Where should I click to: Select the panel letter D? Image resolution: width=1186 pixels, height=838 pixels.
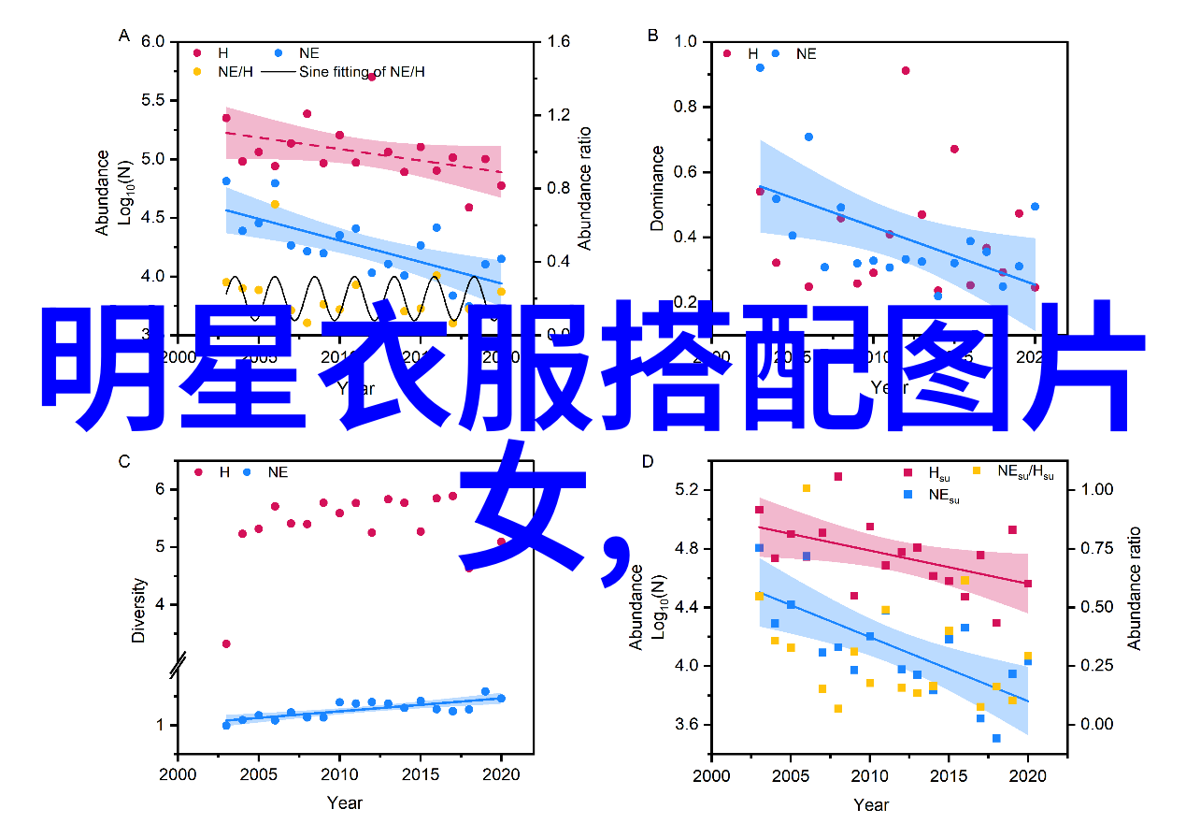point(647,460)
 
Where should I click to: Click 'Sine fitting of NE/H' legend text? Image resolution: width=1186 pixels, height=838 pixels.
point(361,71)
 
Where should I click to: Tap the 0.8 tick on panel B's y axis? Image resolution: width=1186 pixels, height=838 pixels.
point(685,107)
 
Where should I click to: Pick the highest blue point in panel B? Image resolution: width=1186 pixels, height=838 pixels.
point(760,67)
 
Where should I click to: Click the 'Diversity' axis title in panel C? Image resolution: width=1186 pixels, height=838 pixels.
point(139,610)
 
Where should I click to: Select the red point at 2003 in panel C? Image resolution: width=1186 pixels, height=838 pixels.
point(226,643)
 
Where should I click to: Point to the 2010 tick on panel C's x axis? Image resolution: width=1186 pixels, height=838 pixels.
point(339,774)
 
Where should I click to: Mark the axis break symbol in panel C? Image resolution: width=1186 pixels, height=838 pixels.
point(178,665)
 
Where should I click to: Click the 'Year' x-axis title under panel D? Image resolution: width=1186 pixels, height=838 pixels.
point(871,804)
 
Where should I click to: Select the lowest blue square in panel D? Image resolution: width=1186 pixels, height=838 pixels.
point(996,738)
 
